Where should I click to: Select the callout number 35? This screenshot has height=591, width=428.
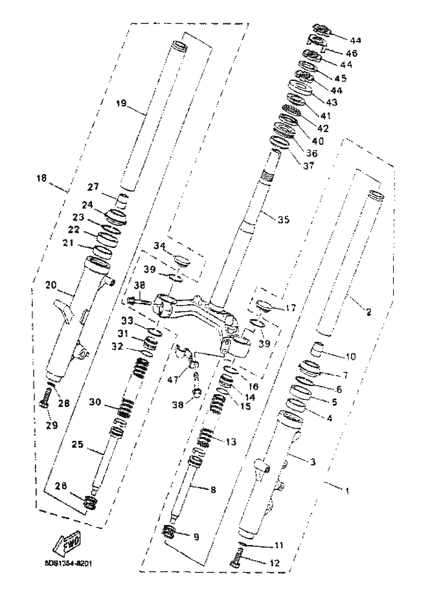[x=282, y=220]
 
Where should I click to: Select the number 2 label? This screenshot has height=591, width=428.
[x=368, y=312]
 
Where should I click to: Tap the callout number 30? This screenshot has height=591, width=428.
[x=95, y=402]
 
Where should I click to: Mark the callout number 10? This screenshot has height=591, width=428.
[x=350, y=357]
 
